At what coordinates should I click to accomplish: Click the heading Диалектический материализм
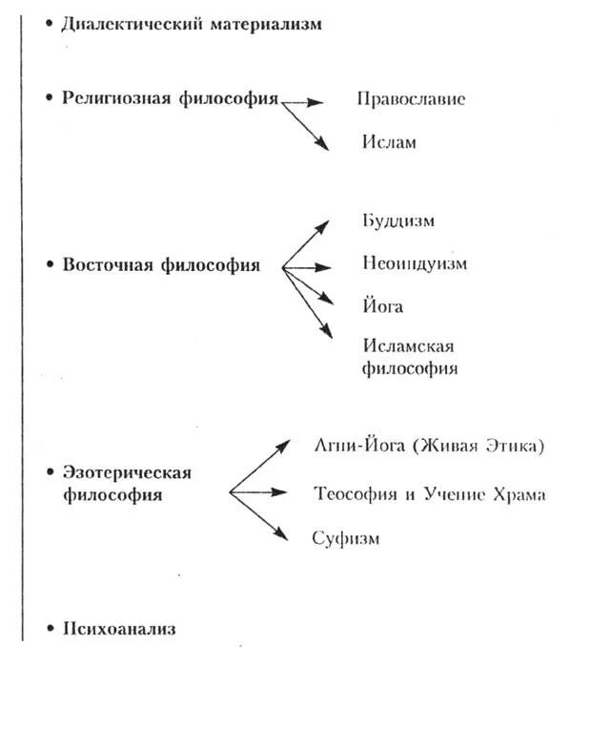pyautogui.click(x=192, y=24)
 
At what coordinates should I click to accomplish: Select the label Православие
pyautogui.click(x=411, y=99)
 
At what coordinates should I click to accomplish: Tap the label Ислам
pyautogui.click(x=389, y=142)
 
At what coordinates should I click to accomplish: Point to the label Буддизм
pyautogui.click(x=398, y=220)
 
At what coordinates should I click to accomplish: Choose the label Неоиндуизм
pyautogui.click(x=415, y=263)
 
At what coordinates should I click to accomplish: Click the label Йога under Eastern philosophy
pyautogui.click(x=382, y=306)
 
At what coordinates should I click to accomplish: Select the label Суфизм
pyautogui.click(x=346, y=538)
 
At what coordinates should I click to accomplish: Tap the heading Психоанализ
pyautogui.click(x=119, y=629)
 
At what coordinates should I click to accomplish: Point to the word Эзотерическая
pyautogui.click(x=127, y=472)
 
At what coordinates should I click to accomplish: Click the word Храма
pyautogui.click(x=520, y=494)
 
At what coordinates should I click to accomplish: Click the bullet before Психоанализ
pyautogui.click(x=50, y=629)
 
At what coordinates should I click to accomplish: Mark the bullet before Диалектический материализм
pyautogui.click(x=50, y=23)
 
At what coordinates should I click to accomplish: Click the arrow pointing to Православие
pyautogui.click(x=305, y=100)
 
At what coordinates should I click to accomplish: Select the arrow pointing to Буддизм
pyautogui.click(x=307, y=242)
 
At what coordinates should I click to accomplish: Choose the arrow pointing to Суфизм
pyautogui.click(x=259, y=516)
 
